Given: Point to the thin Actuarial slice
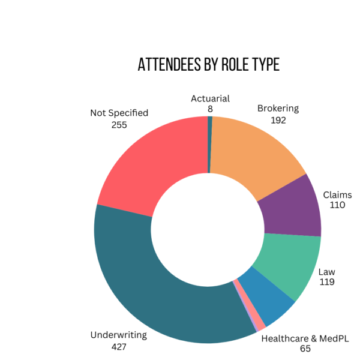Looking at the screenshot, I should pos(210,144).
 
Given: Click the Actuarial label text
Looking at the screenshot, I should pos(210,99).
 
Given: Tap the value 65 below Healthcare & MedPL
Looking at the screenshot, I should pos(305,349).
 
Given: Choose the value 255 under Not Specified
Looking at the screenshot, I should pos(119,124).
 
